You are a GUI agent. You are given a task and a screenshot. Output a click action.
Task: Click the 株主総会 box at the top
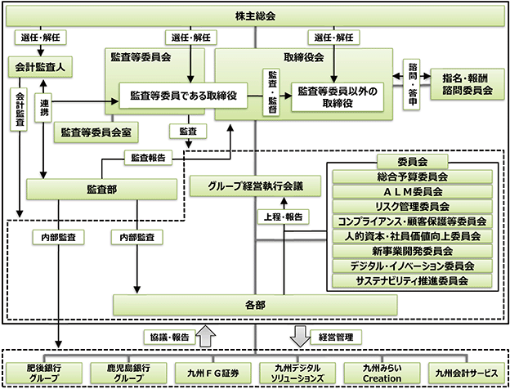point(255,16)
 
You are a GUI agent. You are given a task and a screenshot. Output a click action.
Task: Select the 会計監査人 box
point(40,67)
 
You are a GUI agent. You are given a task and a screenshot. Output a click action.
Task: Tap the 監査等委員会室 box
point(96,132)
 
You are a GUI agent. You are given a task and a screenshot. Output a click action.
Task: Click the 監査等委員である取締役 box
point(183,96)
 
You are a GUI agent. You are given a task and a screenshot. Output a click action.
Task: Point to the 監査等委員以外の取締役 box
point(338,97)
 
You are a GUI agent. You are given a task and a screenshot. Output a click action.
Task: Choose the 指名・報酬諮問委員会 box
point(467,84)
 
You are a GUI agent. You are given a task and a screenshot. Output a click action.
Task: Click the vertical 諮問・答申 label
point(412,84)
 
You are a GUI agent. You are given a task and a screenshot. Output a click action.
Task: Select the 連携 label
point(43,108)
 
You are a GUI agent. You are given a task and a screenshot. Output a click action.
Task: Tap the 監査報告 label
point(148,158)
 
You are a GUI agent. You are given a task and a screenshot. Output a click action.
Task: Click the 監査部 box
point(102,190)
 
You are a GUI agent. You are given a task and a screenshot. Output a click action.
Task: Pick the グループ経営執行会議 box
point(255,186)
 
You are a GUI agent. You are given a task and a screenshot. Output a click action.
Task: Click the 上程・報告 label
point(284,217)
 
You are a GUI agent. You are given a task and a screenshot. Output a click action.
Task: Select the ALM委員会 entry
point(413,191)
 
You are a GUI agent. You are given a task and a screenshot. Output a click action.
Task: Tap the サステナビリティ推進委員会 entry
point(413,280)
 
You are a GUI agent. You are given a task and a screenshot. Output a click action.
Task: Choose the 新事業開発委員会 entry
point(413,251)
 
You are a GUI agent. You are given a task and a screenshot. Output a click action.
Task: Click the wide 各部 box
point(255,305)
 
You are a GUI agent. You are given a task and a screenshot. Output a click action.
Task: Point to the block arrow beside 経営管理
point(300,336)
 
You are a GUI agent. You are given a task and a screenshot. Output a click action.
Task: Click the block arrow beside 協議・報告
point(206,336)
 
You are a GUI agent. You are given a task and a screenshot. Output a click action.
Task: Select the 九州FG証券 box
point(213,373)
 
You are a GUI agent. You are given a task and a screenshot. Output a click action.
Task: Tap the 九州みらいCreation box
point(382,373)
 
